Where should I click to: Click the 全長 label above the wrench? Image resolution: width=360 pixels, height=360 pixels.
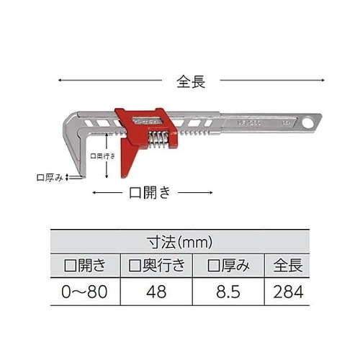click(x=191, y=81)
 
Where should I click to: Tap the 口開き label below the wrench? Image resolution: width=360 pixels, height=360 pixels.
click(x=150, y=192)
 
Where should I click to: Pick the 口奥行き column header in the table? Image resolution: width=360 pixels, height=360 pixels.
click(x=156, y=265)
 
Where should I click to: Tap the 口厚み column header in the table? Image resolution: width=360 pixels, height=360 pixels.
click(x=230, y=265)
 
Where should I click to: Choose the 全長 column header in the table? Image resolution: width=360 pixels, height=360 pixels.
click(x=287, y=265)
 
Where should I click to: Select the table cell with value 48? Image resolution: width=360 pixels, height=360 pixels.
click(x=156, y=292)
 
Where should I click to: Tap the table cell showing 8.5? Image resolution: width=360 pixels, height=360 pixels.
click(x=230, y=292)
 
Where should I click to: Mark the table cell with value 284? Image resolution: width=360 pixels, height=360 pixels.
click(x=287, y=292)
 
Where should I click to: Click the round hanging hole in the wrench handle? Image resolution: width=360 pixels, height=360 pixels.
click(x=308, y=123)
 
